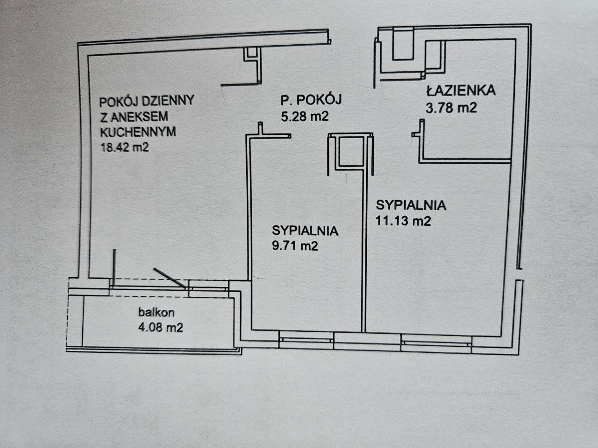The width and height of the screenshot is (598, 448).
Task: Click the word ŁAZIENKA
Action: [460, 91]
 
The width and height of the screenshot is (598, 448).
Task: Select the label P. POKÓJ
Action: [312, 99]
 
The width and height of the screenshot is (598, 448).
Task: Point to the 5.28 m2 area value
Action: [305, 116]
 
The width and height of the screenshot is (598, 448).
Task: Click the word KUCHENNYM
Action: [138, 132]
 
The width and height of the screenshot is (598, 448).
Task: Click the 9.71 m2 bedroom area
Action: [295, 245]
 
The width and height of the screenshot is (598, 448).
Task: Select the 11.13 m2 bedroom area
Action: [403, 221]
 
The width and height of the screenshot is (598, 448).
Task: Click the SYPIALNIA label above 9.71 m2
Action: [305, 230]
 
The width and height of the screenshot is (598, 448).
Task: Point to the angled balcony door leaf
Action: [171, 279]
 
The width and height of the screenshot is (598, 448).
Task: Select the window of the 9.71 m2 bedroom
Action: [306, 340]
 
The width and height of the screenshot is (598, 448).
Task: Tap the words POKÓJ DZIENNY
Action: [147, 100]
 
